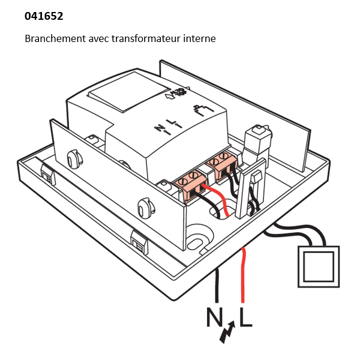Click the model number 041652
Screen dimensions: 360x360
point(44,16)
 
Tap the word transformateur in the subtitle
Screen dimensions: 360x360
point(152,38)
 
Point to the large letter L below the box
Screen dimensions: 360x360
point(245,317)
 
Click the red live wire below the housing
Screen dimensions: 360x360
point(242,276)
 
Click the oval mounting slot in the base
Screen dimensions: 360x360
point(195,242)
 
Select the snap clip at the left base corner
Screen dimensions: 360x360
point(46,174)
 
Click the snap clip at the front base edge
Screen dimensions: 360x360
point(139,243)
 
